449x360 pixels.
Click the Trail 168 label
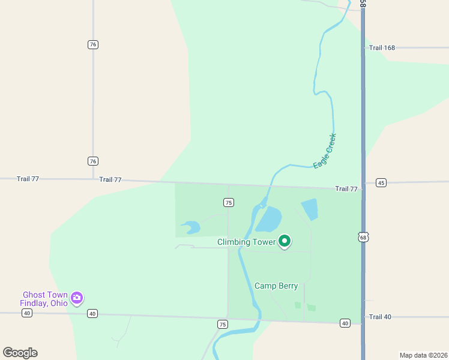click(x=382, y=47)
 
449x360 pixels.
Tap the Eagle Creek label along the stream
click(x=325, y=151)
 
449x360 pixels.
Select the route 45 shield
click(x=381, y=182)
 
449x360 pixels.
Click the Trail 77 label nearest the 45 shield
click(x=346, y=189)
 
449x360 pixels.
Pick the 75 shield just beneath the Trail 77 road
click(x=228, y=203)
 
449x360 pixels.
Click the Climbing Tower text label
click(x=247, y=242)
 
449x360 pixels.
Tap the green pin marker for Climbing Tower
click(x=285, y=241)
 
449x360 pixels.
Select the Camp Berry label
click(x=276, y=286)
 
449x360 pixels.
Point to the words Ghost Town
click(x=44, y=295)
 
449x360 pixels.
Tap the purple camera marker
click(x=76, y=298)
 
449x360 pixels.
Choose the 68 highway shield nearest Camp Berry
click(x=363, y=238)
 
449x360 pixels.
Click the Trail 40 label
click(x=380, y=317)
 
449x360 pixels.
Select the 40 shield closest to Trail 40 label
click(x=345, y=323)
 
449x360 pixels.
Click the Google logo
click(x=20, y=352)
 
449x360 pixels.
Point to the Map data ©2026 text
click(x=423, y=355)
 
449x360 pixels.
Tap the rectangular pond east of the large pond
click(x=309, y=209)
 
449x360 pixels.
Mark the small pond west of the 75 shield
click(x=191, y=227)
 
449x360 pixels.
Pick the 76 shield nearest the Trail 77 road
click(x=92, y=161)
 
